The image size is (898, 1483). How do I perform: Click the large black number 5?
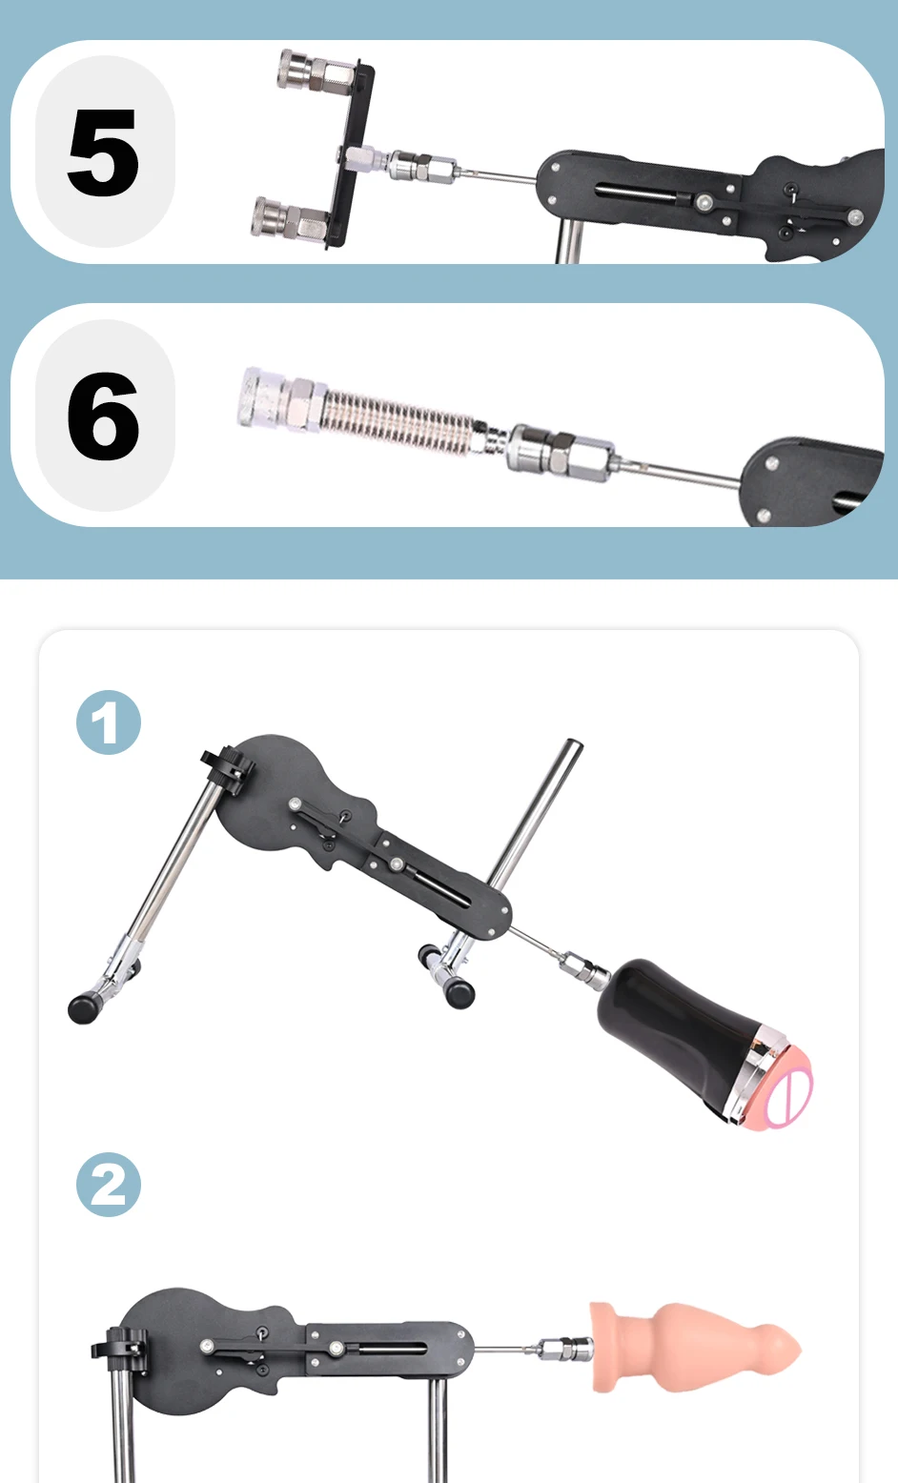click(x=103, y=152)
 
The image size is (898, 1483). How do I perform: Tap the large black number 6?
click(x=103, y=416)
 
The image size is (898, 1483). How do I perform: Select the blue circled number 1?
click(x=108, y=722)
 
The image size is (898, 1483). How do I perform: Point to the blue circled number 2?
click(x=108, y=1185)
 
